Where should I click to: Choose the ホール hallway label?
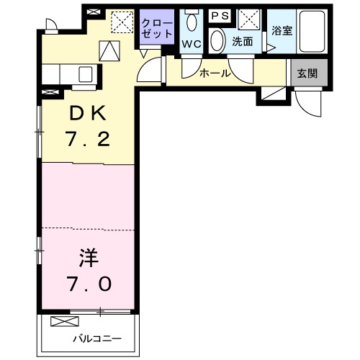pos(215,73)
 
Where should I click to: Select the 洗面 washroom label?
pos(242,41)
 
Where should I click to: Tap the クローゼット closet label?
pos(158,27)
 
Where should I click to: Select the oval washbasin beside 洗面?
pos(217,40)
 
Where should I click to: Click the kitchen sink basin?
pos(85,73)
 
